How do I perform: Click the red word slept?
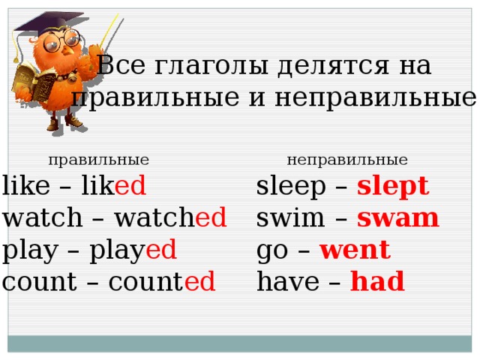pos(393,186)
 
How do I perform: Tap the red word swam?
pos(398,218)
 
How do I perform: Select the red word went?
pos(355,250)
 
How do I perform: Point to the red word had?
pos(377,282)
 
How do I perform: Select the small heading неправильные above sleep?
pos(347,160)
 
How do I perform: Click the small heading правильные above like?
pos(98,160)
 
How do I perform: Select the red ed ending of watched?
pos(211,218)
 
